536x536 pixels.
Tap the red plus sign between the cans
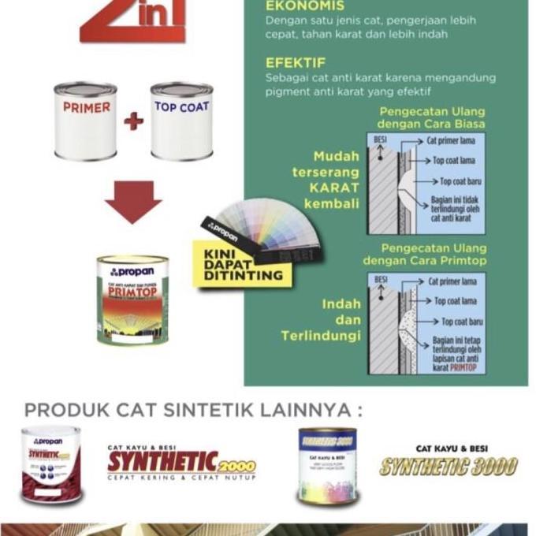(x=133, y=121)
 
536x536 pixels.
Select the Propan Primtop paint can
(x=132, y=300)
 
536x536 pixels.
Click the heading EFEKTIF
(x=296, y=62)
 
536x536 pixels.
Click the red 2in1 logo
(x=132, y=20)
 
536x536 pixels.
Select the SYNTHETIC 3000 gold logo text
(x=448, y=465)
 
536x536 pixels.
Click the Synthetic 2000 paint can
(x=51, y=465)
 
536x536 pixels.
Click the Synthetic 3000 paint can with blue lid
(x=327, y=465)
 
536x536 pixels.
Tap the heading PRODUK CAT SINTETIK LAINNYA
(x=193, y=411)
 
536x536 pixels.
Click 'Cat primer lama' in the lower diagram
(x=452, y=281)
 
